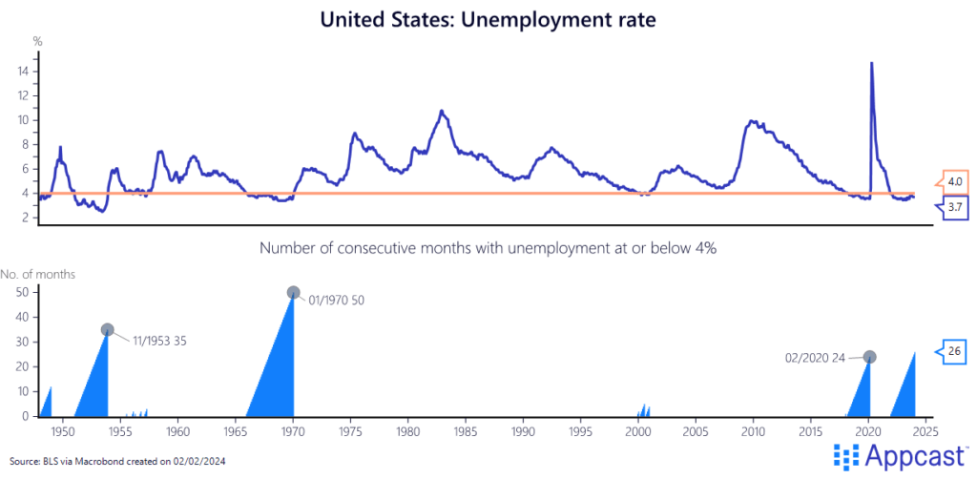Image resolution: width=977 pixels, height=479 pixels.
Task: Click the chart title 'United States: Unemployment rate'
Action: (488, 20)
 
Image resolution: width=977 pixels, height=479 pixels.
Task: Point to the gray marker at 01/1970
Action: (293, 293)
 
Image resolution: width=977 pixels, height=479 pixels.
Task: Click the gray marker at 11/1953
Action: (108, 329)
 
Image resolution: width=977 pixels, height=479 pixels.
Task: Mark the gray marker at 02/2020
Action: (869, 357)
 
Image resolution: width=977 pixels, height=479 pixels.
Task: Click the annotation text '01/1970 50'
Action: (336, 300)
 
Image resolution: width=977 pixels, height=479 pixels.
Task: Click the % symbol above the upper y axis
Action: (37, 41)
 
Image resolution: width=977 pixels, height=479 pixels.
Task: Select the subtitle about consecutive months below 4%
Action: (488, 247)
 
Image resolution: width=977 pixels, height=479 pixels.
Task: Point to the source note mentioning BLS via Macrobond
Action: (118, 461)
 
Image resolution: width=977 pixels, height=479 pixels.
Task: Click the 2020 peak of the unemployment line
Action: (871, 64)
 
